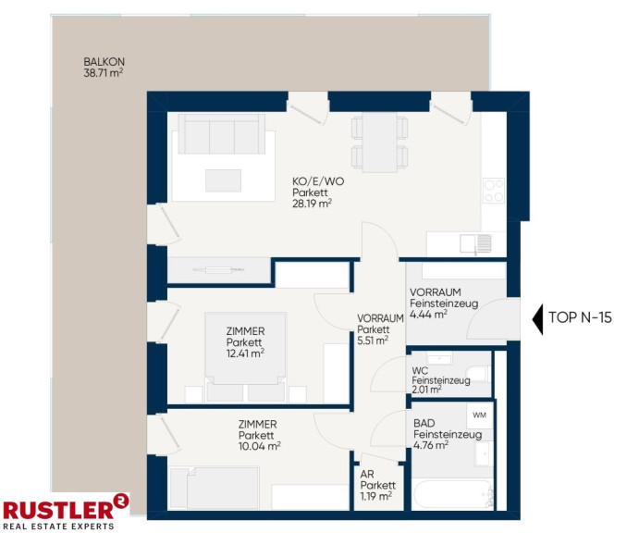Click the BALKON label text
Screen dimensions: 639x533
pyautogui.click(x=104, y=62)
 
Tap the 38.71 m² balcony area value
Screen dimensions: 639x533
pyautogui.click(x=104, y=73)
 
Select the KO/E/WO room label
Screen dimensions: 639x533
pyautogui.click(x=318, y=181)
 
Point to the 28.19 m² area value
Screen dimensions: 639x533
pyautogui.click(x=312, y=204)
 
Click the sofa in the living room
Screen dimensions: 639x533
pyautogui.click(x=222, y=134)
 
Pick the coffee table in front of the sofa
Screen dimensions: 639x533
pyautogui.click(x=223, y=180)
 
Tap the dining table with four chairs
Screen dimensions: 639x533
pyautogui.click(x=379, y=142)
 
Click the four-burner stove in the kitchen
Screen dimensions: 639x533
pyautogui.click(x=494, y=191)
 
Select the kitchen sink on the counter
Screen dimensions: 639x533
pyautogui.click(x=476, y=244)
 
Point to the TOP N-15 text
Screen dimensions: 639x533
pyautogui.click(x=581, y=317)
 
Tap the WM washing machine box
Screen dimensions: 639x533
pyautogui.click(x=480, y=415)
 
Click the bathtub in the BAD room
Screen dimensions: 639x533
pyautogui.click(x=452, y=494)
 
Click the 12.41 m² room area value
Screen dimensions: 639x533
pyautogui.click(x=245, y=353)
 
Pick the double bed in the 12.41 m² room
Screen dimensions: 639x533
pyautogui.click(x=246, y=353)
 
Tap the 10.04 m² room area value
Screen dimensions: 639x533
pyautogui.click(x=260, y=446)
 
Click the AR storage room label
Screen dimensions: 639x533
pyautogui.click(x=367, y=475)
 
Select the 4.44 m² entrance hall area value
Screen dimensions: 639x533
pyautogui.click(x=428, y=315)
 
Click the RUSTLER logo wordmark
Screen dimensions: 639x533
pyautogui.click(x=58, y=510)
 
